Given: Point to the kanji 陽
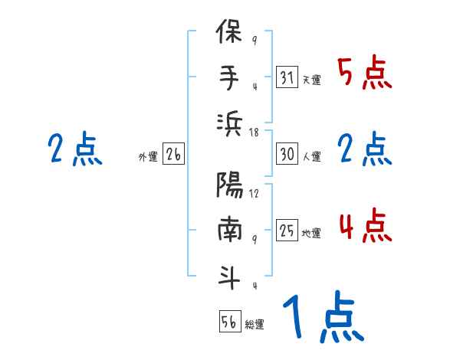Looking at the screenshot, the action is click(230, 186).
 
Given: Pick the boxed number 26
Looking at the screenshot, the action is click(173, 155).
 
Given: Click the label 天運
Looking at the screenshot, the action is click(311, 80).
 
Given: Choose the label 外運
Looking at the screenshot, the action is click(147, 156).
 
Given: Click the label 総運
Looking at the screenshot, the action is click(255, 323).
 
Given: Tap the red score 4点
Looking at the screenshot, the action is click(364, 226).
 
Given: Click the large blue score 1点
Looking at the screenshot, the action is click(322, 318).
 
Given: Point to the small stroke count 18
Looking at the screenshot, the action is click(255, 133).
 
